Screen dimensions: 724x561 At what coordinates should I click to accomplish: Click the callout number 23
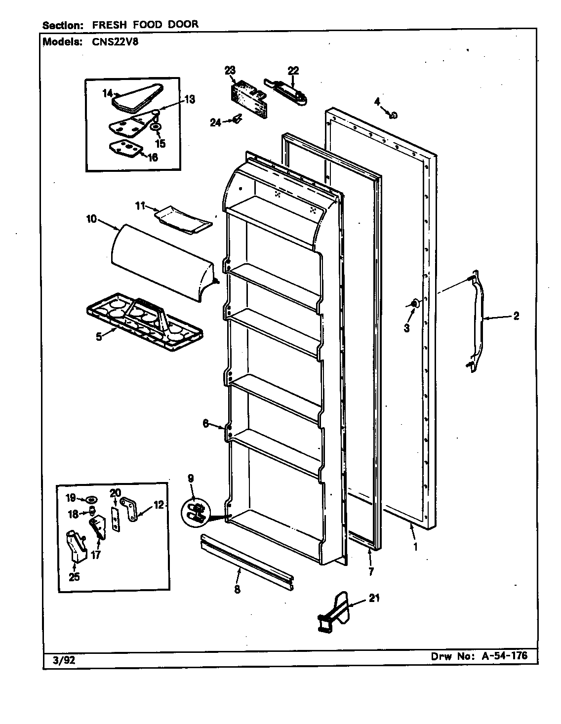coord(230,71)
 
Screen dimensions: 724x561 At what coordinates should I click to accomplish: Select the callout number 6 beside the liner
coord(205,423)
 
